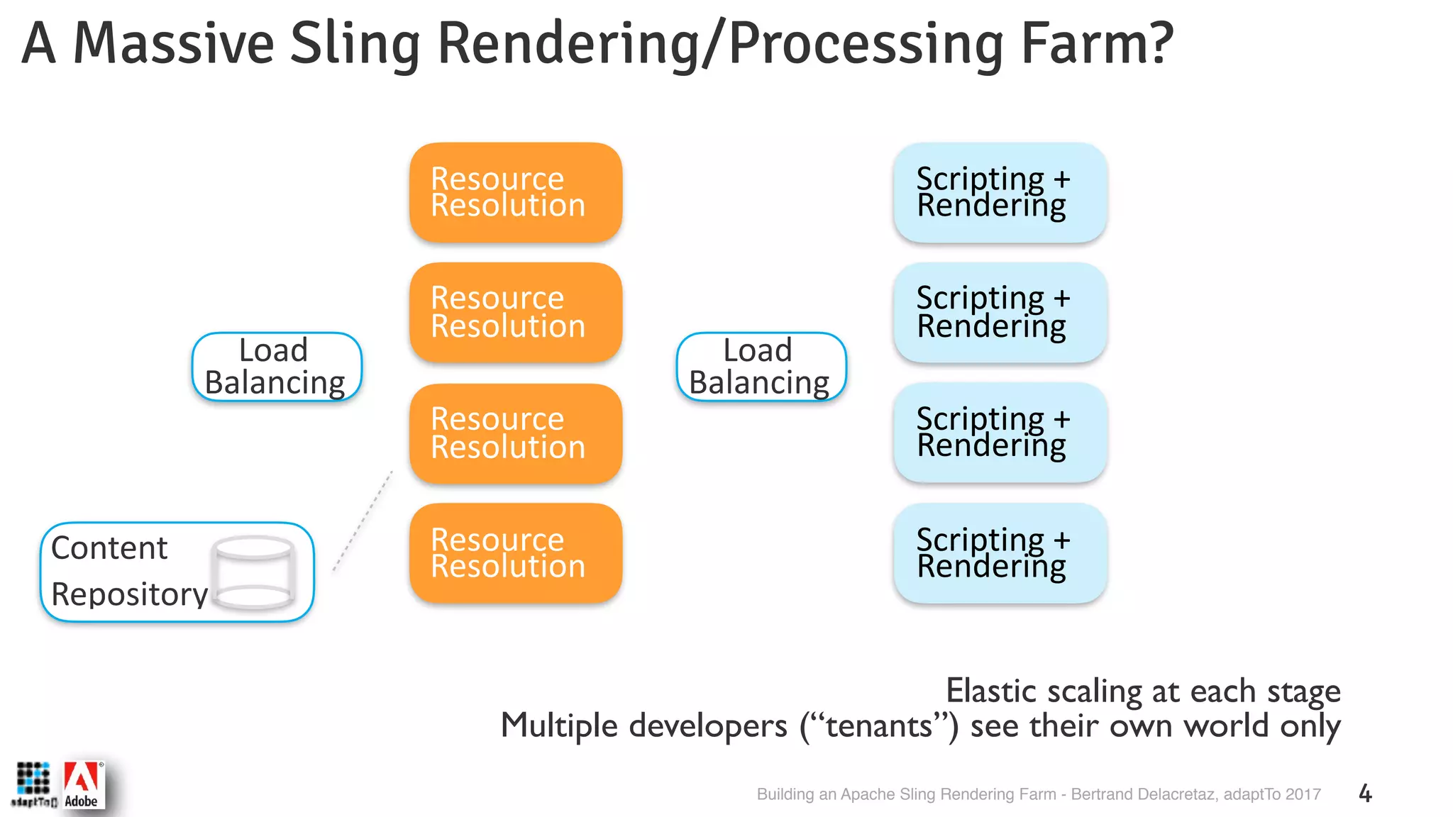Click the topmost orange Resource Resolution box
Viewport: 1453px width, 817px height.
click(516, 192)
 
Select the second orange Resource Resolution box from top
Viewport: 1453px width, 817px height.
click(516, 313)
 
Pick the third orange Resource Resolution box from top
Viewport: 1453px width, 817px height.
click(516, 433)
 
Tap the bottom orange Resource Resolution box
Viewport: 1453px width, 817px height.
click(516, 553)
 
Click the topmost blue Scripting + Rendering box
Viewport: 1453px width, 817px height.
click(1000, 192)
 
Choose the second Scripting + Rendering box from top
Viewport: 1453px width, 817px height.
click(1000, 313)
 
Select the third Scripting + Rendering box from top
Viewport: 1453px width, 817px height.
click(1000, 433)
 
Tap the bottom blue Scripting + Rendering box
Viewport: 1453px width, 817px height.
click(1000, 553)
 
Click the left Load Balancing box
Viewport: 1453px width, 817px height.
click(277, 367)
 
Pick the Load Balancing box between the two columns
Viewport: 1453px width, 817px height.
click(761, 367)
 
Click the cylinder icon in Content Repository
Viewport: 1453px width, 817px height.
click(254, 572)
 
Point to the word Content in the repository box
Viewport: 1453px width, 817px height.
click(109, 548)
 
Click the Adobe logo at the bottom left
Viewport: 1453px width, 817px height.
click(83, 785)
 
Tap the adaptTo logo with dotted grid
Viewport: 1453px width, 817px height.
click(33, 784)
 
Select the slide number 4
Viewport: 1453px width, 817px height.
click(1365, 794)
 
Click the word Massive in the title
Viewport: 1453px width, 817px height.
click(174, 44)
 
